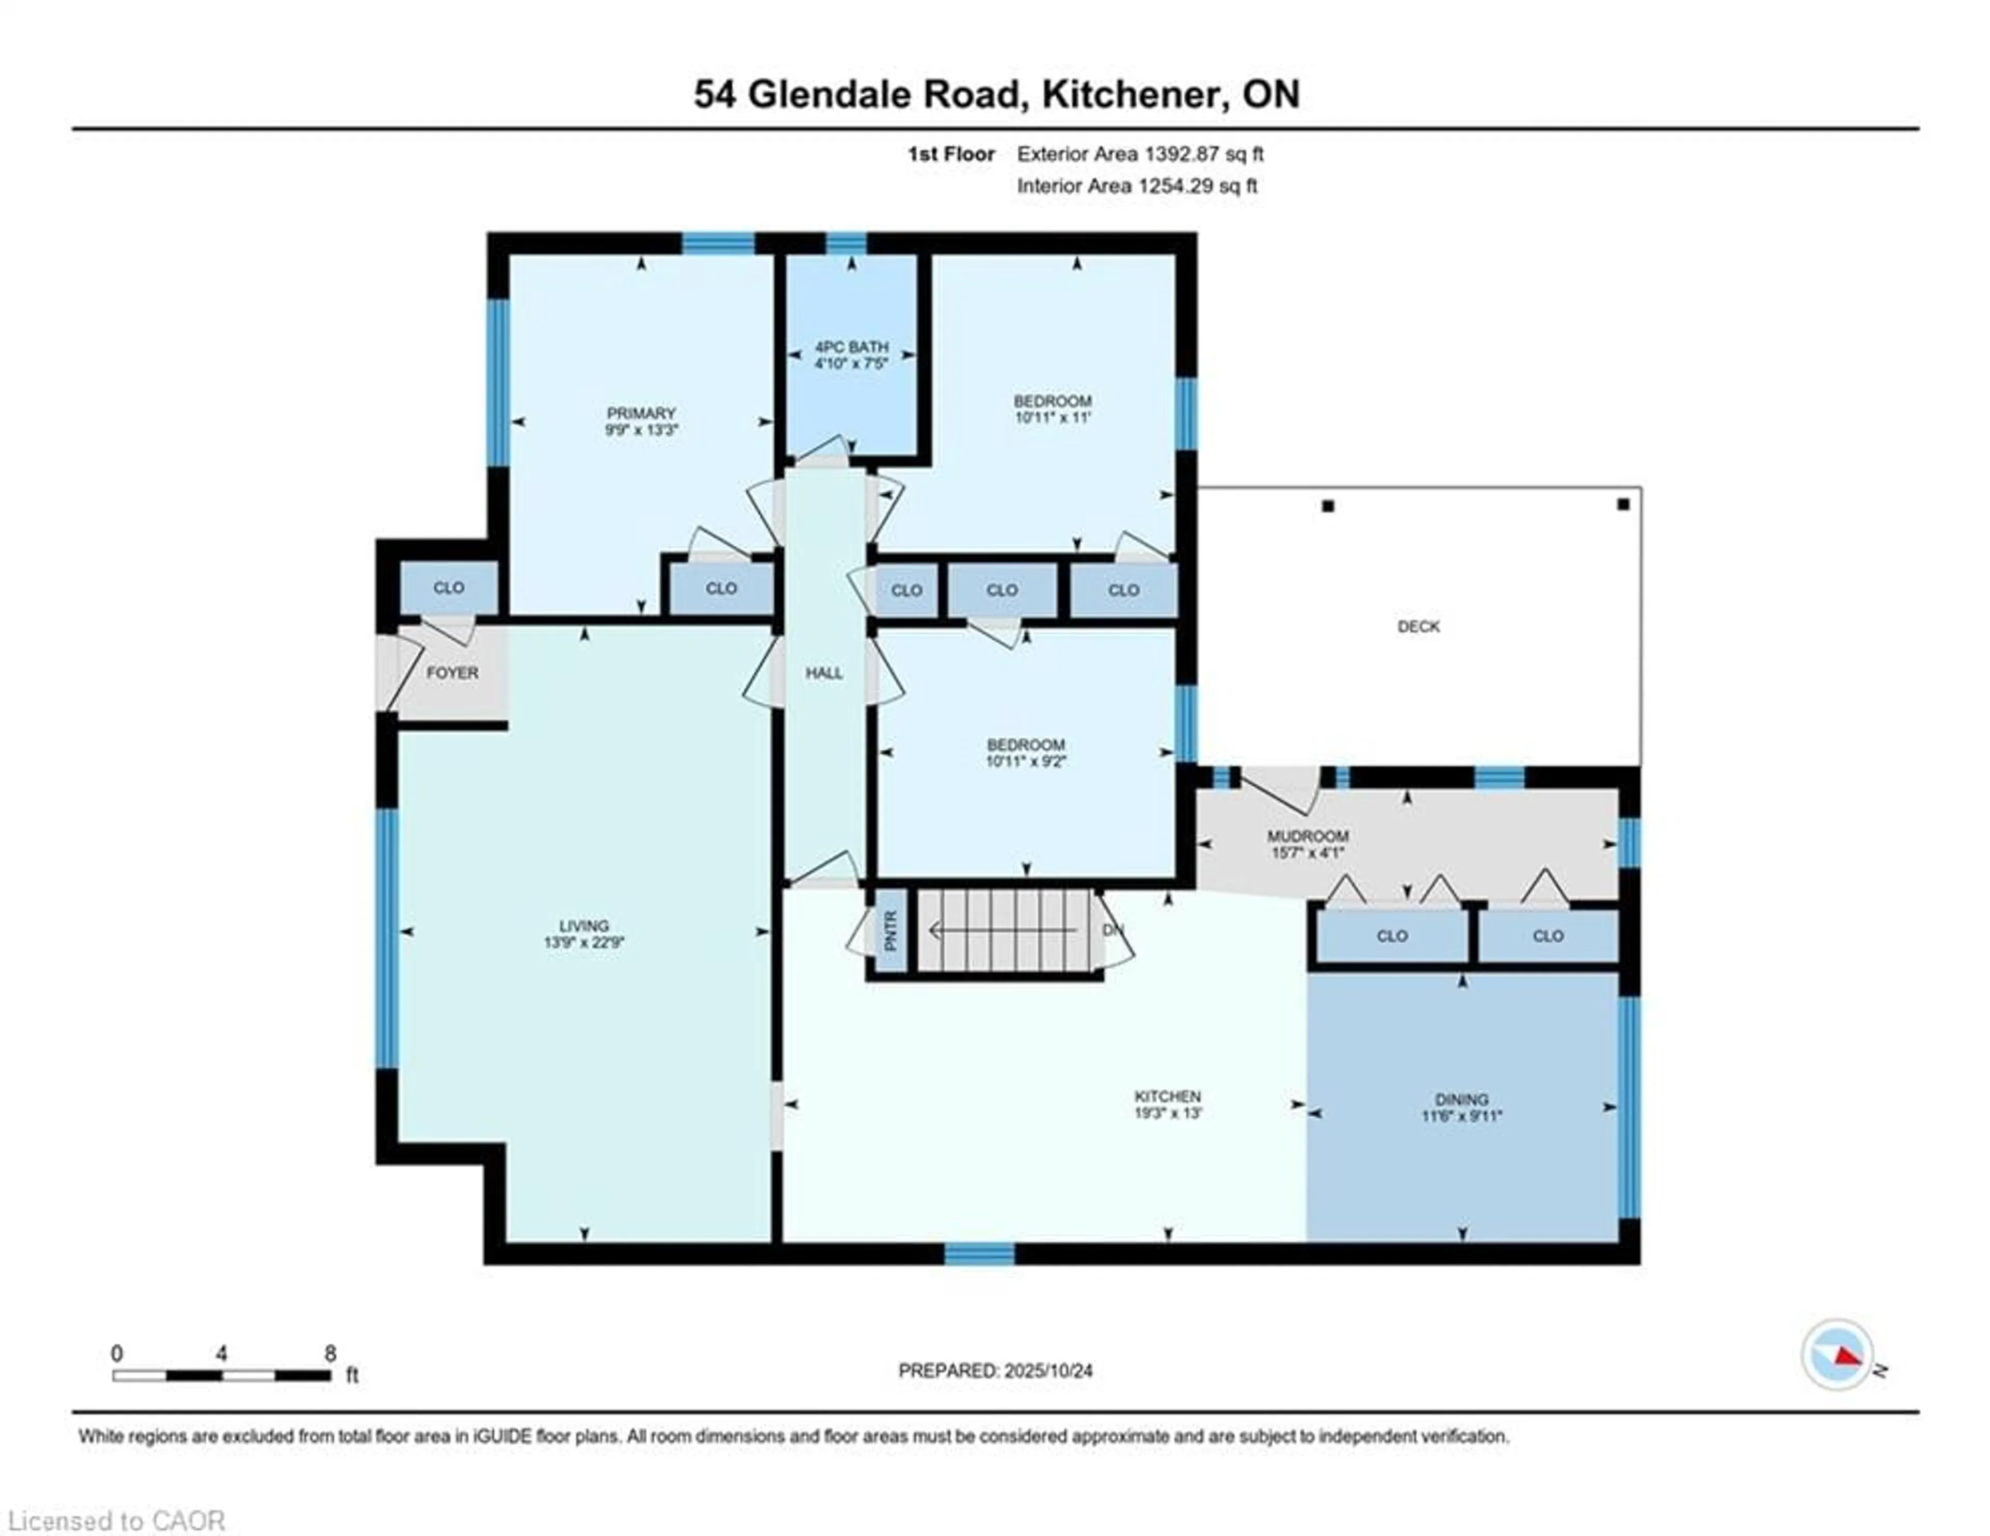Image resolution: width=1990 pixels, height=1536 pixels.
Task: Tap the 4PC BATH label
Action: click(851, 347)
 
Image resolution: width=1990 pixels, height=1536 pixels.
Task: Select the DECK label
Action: click(1419, 627)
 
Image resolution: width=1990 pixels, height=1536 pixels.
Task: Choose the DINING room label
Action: click(1461, 1100)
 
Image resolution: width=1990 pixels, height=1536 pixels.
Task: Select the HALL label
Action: click(823, 673)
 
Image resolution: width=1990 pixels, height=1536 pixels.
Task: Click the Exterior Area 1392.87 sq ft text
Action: click(1140, 154)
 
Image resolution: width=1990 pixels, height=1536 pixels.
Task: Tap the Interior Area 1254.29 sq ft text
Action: click(1137, 186)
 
